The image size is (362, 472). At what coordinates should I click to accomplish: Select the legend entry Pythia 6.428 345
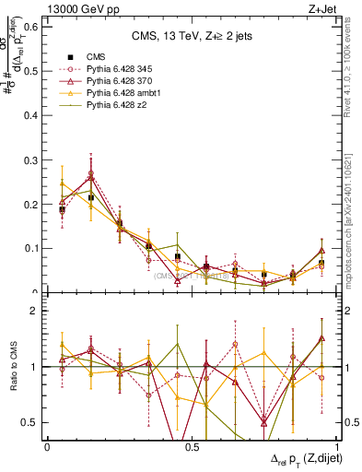coord(118,69)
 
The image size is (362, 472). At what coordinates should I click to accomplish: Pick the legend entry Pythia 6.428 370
coord(118,82)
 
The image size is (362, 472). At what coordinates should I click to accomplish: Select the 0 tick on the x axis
coord(47,447)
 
